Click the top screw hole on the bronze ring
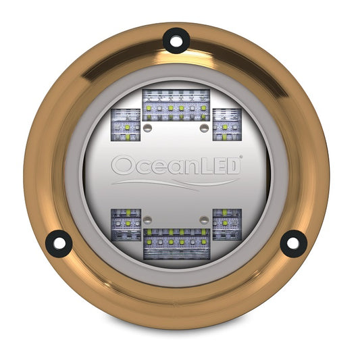176,41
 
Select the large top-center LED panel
176,105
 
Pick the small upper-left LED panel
124,124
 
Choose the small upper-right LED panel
227,124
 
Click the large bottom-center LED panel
176,242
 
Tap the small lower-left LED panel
126,224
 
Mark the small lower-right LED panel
227,224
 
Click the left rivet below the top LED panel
148,127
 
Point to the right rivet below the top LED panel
204,127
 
